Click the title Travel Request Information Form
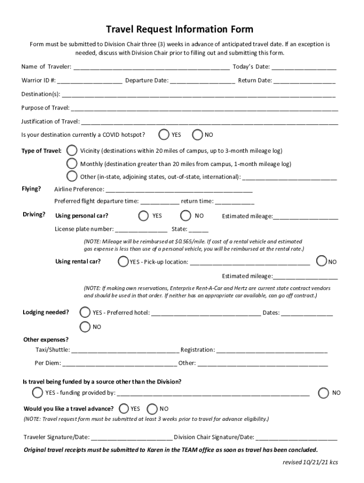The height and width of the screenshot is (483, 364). point(180,30)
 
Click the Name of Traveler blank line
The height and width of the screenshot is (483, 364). point(151,67)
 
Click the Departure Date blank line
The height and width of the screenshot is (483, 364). point(202,80)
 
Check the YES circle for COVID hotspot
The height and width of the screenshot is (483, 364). point(164,135)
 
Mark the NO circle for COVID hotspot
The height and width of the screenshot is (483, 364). point(198,135)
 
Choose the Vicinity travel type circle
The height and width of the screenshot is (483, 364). point(72,151)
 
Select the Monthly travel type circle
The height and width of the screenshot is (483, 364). point(72,164)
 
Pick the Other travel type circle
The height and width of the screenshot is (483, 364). point(72,176)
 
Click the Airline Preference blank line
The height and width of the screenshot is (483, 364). point(179,190)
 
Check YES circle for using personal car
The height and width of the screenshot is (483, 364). point(144,216)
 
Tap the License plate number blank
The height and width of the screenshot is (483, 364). point(141,230)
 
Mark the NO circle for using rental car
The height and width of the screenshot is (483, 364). point(322,261)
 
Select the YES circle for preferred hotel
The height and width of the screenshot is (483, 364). point(85,312)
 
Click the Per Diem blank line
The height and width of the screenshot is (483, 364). point(120,363)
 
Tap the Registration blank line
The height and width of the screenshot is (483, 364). point(272,350)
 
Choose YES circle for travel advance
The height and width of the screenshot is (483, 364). point(124,408)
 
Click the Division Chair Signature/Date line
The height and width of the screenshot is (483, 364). point(296,437)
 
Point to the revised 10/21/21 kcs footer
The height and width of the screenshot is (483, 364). point(310,462)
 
